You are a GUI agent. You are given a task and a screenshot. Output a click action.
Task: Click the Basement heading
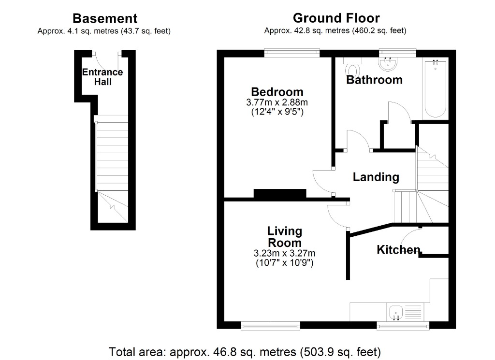[104, 19]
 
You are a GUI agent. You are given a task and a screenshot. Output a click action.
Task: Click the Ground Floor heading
[336, 18]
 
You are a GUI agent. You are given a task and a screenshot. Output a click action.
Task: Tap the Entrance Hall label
[102, 77]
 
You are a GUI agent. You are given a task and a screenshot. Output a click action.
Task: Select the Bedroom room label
[277, 92]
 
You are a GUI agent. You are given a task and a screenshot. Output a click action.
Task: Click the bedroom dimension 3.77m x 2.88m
[277, 102]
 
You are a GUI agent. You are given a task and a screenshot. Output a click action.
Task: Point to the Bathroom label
[374, 80]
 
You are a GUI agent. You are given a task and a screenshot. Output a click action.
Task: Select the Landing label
[376, 177]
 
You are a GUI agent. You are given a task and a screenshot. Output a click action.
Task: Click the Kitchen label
[398, 250]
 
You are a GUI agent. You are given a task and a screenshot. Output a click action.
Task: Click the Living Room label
[285, 237]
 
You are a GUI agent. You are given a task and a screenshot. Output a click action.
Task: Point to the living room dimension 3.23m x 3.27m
[284, 254]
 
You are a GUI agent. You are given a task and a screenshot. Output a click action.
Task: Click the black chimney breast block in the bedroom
[280, 194]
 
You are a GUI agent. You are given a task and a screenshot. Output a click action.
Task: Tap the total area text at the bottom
[245, 351]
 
